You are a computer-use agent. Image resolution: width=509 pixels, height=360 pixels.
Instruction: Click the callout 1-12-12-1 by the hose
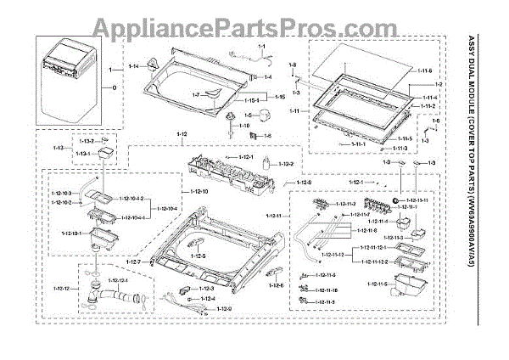tap(118, 279)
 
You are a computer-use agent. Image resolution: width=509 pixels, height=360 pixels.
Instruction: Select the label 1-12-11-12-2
tap(372, 261)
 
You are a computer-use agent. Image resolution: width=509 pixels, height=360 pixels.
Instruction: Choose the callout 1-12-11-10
tap(326, 290)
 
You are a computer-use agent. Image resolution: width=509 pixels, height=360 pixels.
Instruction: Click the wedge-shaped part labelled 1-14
tap(152, 63)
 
